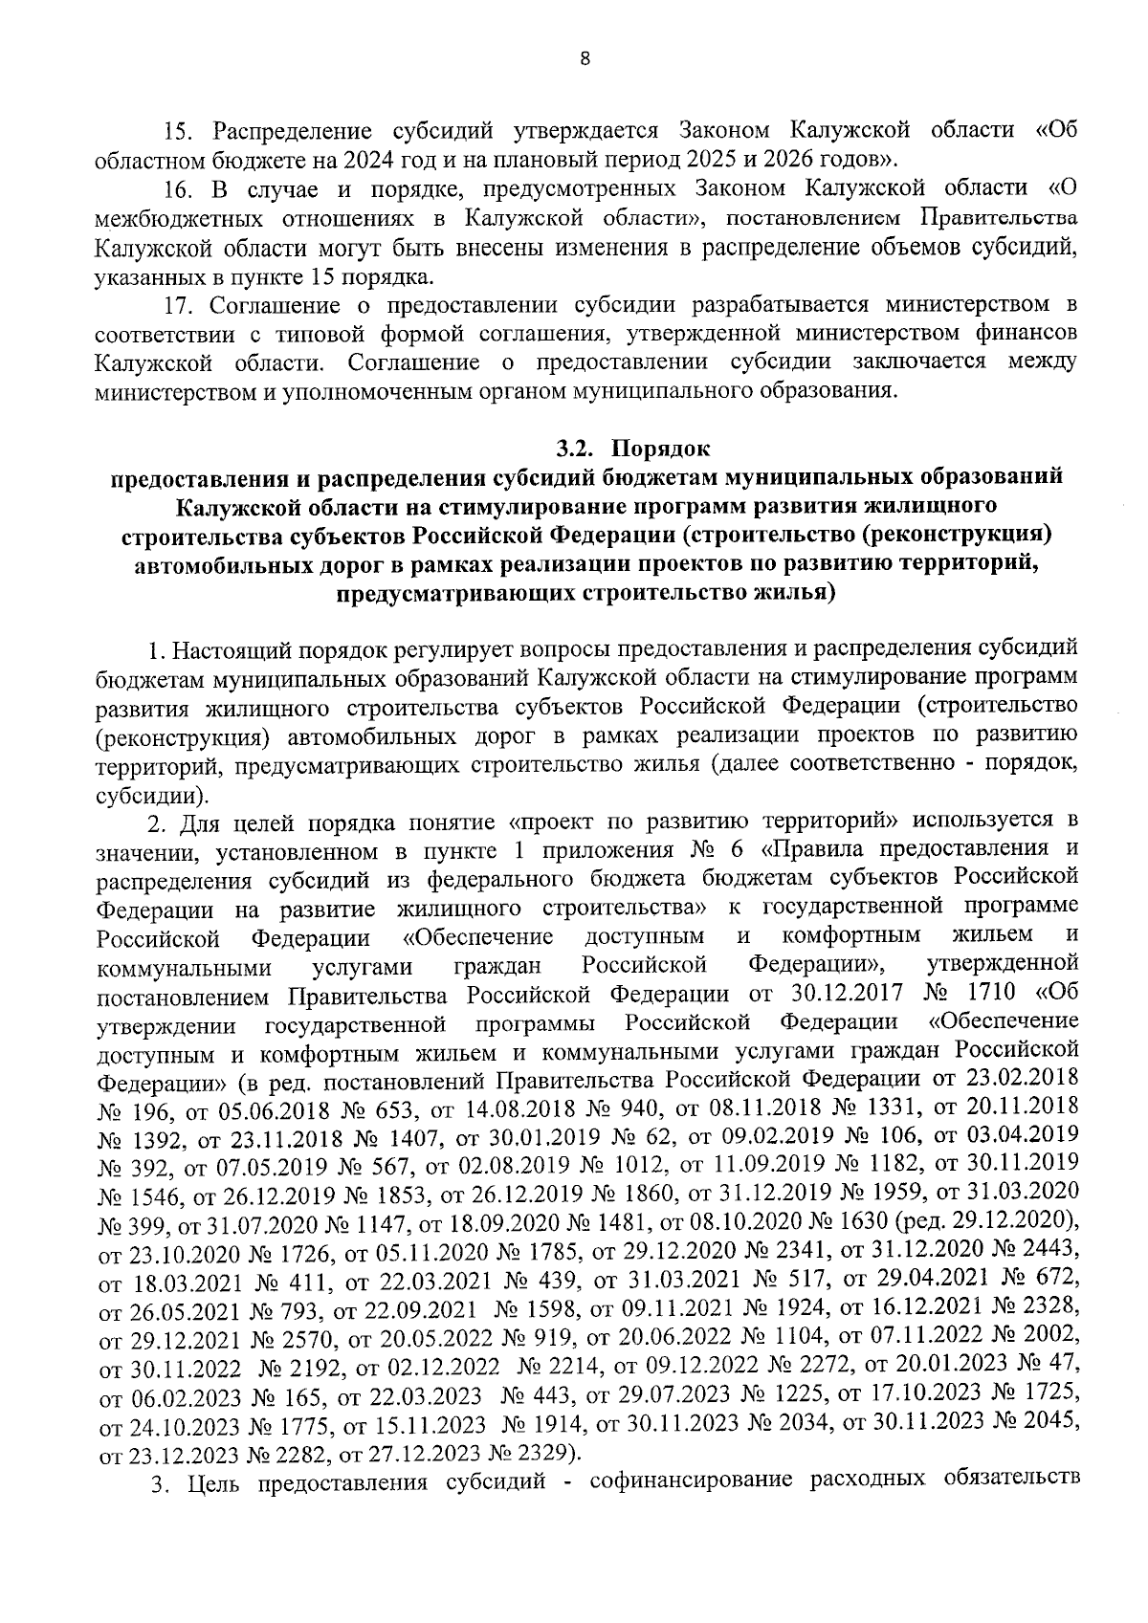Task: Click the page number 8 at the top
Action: pos(585,59)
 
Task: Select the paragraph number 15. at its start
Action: pos(177,130)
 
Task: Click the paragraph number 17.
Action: pos(177,306)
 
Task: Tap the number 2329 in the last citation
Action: pos(540,1454)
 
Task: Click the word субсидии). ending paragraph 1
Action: pos(152,797)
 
